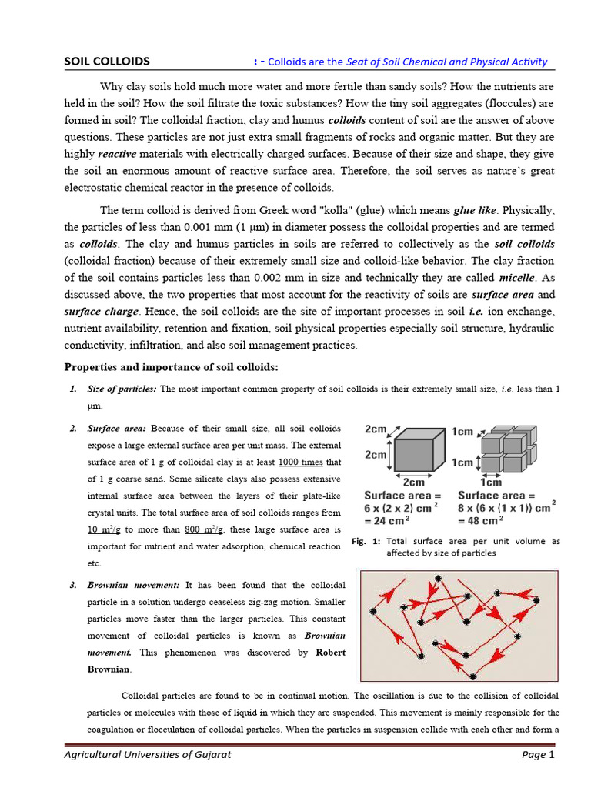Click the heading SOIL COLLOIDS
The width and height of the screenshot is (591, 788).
click(106, 62)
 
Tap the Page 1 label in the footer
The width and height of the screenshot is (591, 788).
click(538, 755)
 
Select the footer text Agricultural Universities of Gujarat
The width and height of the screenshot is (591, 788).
click(147, 755)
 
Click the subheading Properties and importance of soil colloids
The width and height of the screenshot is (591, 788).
click(171, 366)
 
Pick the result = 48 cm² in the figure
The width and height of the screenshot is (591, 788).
click(481, 519)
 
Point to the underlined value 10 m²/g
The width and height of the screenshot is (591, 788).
click(104, 529)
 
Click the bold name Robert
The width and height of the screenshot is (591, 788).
click(329, 653)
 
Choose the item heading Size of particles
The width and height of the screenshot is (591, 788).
click(122, 389)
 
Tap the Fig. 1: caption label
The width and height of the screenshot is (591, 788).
click(366, 542)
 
